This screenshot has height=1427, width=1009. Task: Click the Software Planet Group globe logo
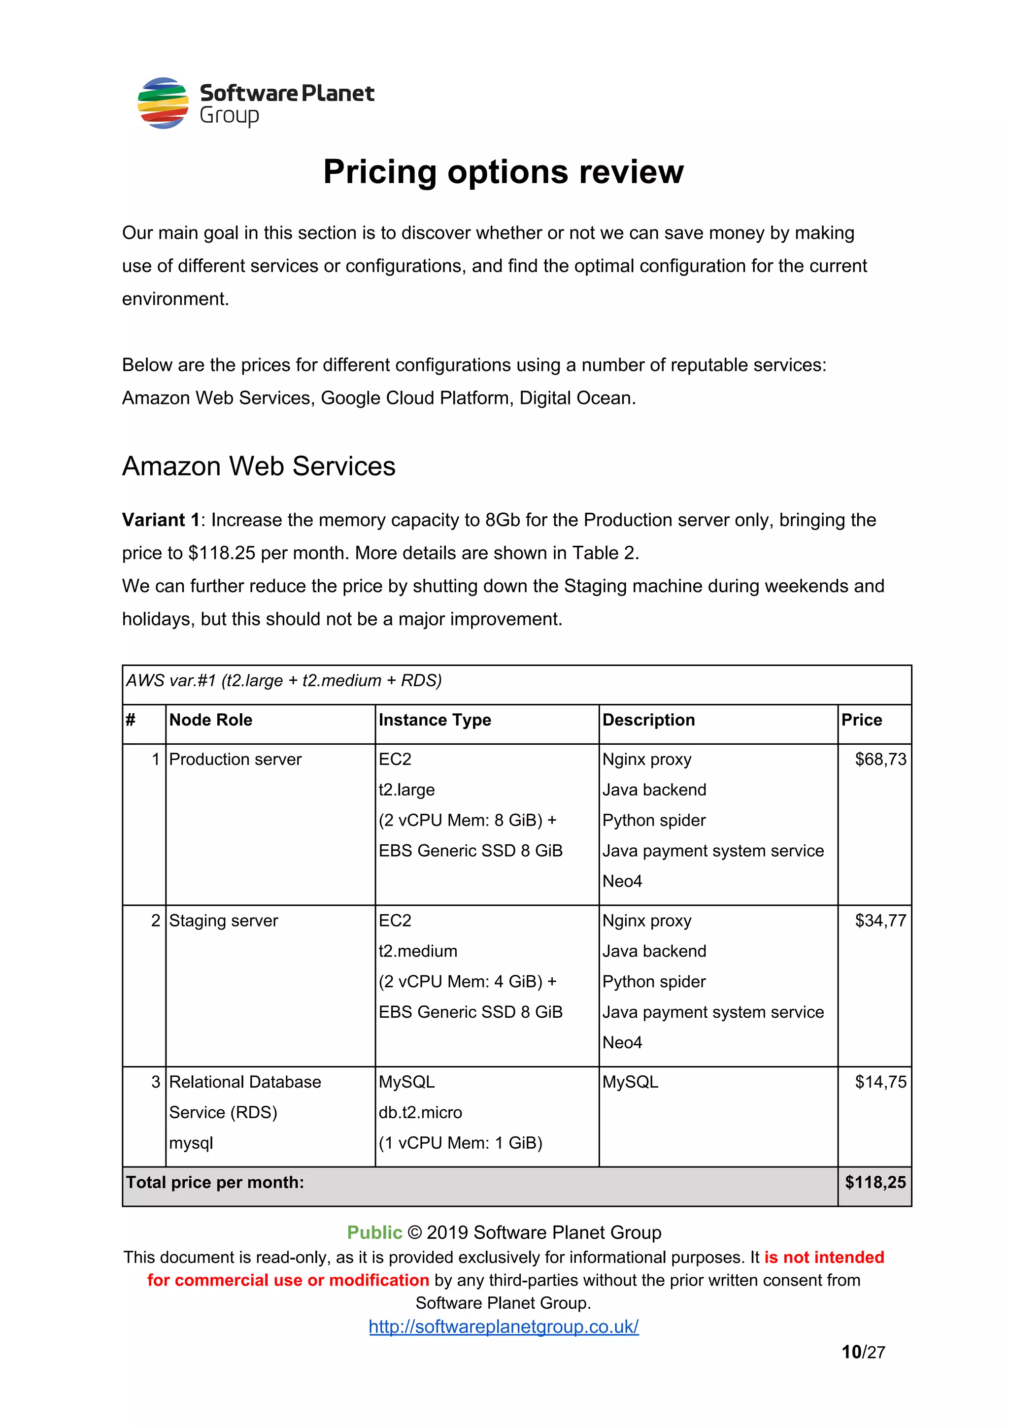(x=163, y=102)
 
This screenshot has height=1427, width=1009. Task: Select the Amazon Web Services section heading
(x=259, y=466)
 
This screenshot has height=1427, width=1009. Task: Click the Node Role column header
(x=211, y=720)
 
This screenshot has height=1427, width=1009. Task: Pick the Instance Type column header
(x=435, y=720)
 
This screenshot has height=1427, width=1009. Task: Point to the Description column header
(x=648, y=720)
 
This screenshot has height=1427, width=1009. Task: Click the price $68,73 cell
(x=880, y=759)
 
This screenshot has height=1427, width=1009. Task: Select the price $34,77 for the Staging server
(x=880, y=921)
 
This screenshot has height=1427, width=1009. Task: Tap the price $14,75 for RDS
(x=880, y=1082)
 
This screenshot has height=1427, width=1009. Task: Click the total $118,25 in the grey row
(x=875, y=1182)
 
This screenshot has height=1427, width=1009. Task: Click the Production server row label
(x=235, y=759)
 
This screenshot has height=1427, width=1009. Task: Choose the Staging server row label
(x=223, y=921)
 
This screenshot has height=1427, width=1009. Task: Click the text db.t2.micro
(x=420, y=1113)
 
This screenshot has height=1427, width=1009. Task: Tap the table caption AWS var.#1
(x=283, y=681)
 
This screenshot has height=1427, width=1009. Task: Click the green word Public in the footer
(x=374, y=1232)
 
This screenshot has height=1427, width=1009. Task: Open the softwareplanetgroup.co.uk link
(x=504, y=1327)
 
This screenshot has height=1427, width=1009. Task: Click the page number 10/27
(x=863, y=1353)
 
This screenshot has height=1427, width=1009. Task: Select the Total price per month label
(x=215, y=1182)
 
